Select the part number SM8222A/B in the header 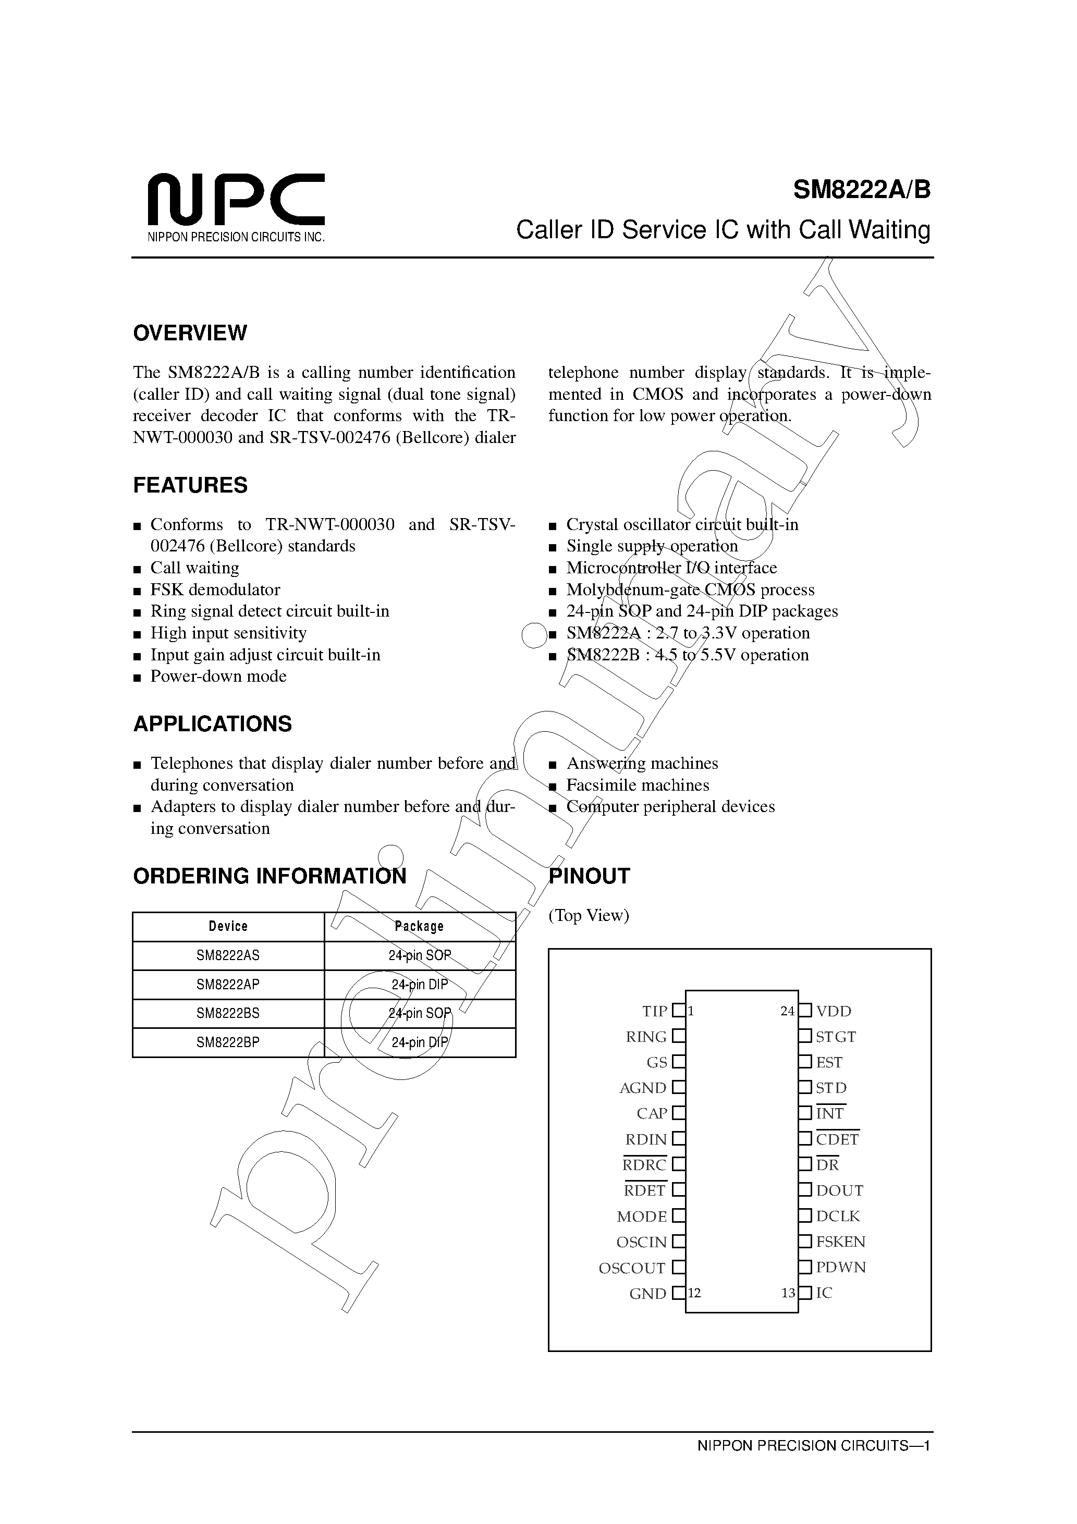pyautogui.click(x=861, y=191)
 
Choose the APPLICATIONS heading pyautogui.click(x=213, y=723)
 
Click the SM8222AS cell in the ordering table pyautogui.click(x=228, y=956)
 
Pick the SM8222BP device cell pyautogui.click(x=228, y=1043)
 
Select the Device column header pyautogui.click(x=228, y=927)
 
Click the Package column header pyautogui.click(x=419, y=927)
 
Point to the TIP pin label pyautogui.click(x=654, y=1012)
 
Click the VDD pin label pyautogui.click(x=834, y=1012)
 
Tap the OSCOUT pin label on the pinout pyautogui.click(x=632, y=1269)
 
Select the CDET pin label pyautogui.click(x=837, y=1140)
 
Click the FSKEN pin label pyautogui.click(x=841, y=1242)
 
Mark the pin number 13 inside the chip pyautogui.click(x=788, y=1294)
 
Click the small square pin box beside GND pyautogui.click(x=678, y=1294)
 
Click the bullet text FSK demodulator pyautogui.click(x=215, y=589)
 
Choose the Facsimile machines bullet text pyautogui.click(x=638, y=785)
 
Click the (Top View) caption pyautogui.click(x=589, y=915)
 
